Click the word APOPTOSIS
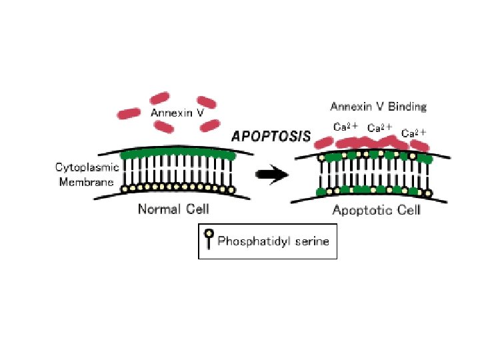click(271, 136)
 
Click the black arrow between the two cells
click(273, 175)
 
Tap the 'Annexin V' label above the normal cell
click(177, 113)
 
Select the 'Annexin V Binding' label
click(378, 107)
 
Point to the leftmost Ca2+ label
click(346, 127)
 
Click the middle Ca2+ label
click(379, 127)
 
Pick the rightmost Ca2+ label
click(413, 133)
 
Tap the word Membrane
click(87, 181)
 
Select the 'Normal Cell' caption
click(173, 209)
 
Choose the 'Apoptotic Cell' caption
click(376, 211)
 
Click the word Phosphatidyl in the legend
click(249, 241)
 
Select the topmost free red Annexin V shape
click(163, 98)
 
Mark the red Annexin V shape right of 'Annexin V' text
click(209, 125)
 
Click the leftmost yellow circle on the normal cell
click(124, 190)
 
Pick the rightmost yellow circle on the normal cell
click(231, 190)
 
